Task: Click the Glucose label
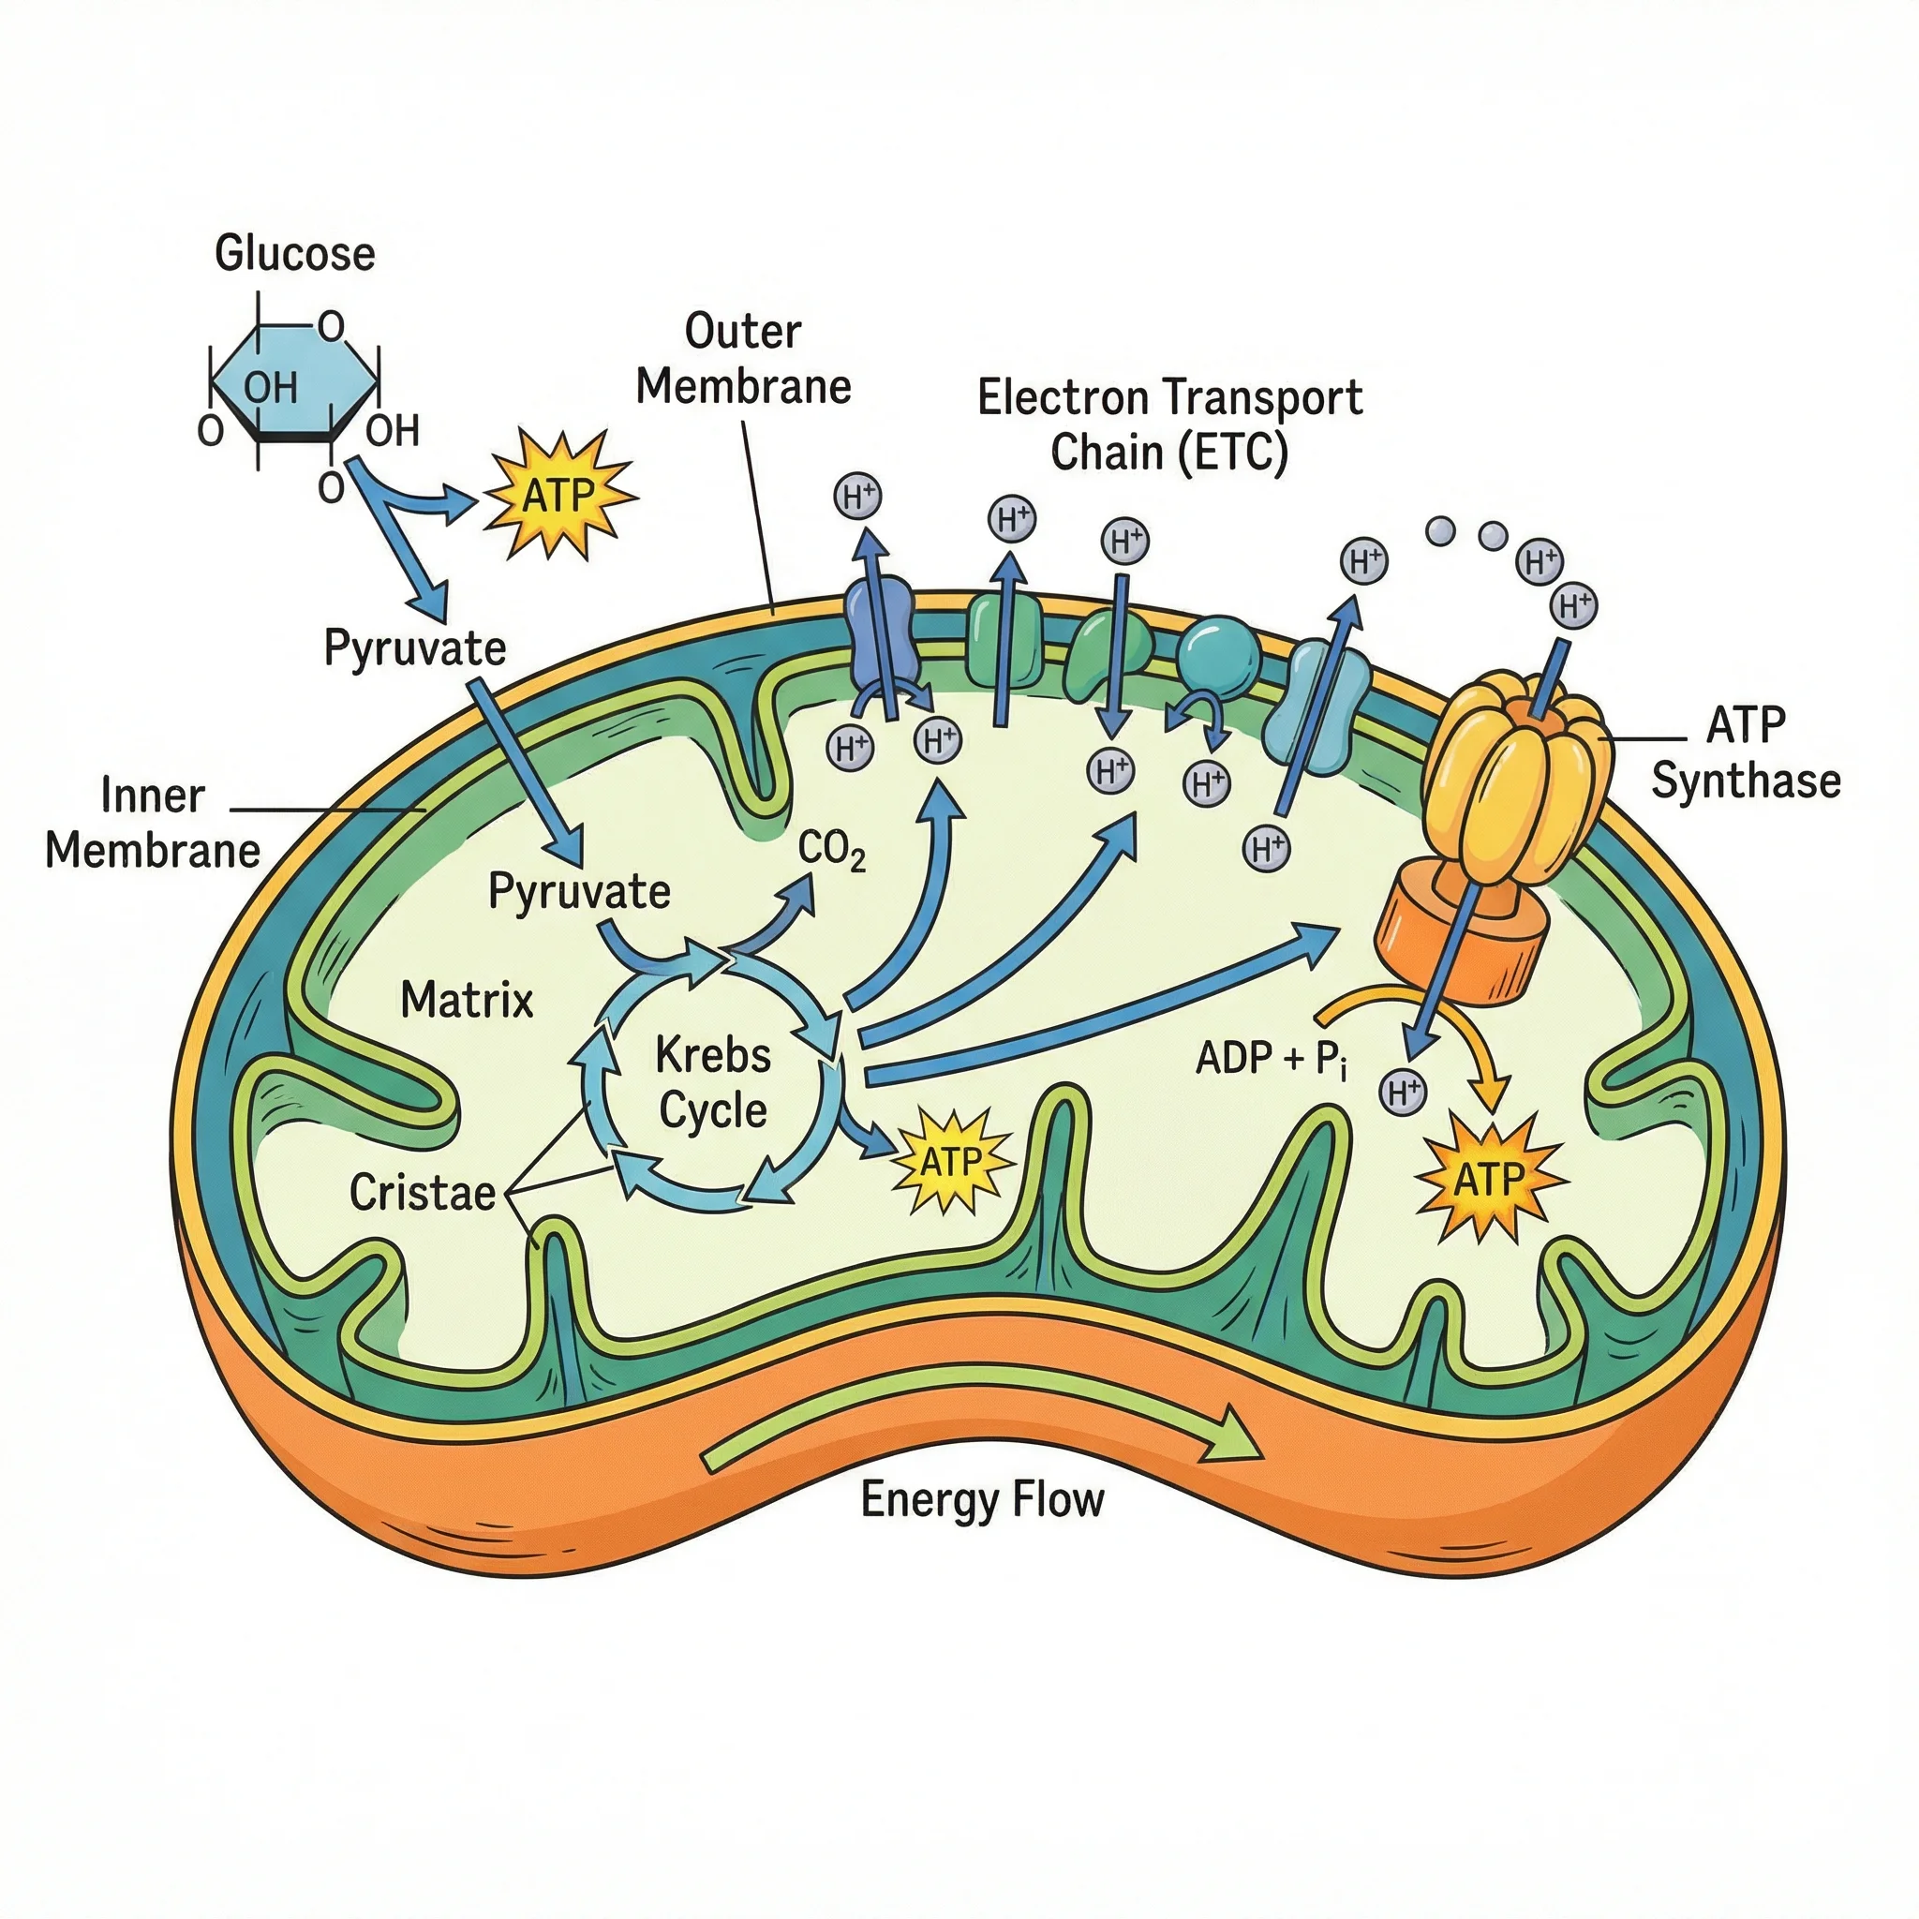(295, 253)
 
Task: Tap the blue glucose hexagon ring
(294, 383)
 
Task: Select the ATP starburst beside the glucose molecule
(558, 494)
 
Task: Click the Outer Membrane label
(743, 360)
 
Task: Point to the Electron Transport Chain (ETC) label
(1169, 425)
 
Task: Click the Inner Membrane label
(152, 824)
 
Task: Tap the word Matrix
(467, 999)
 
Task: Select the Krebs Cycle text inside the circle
(713, 1082)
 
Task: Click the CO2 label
(831, 850)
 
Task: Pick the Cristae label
(423, 1193)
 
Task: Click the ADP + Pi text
(1272, 1059)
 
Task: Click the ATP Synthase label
(1745, 753)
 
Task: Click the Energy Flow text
(981, 1500)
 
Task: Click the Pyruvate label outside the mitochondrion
(415, 648)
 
